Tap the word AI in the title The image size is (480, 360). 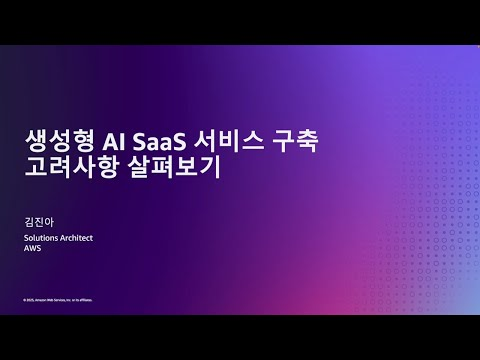click(118, 140)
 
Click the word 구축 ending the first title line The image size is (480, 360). click(297, 140)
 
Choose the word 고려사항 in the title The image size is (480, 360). click(80, 167)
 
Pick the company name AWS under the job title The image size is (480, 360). click(33, 248)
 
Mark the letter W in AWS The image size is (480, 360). click(33, 248)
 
